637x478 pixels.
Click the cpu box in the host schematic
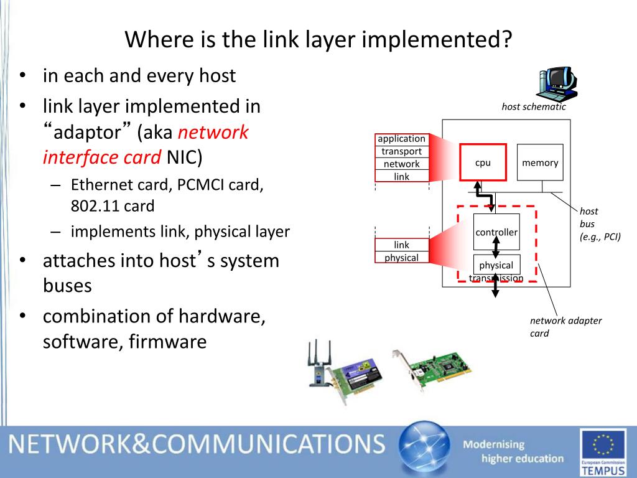(x=483, y=162)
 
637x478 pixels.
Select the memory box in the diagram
(x=540, y=162)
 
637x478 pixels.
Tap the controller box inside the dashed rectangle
(x=496, y=232)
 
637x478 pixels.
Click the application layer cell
(x=401, y=139)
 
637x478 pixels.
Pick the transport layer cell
(x=401, y=151)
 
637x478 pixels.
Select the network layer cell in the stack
(x=401, y=164)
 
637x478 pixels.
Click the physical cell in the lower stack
(x=401, y=258)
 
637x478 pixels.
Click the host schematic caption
(x=534, y=106)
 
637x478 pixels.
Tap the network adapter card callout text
(x=565, y=327)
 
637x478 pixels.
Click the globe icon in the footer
(x=424, y=448)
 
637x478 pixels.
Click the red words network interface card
(x=146, y=145)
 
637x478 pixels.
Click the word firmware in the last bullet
(x=167, y=342)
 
